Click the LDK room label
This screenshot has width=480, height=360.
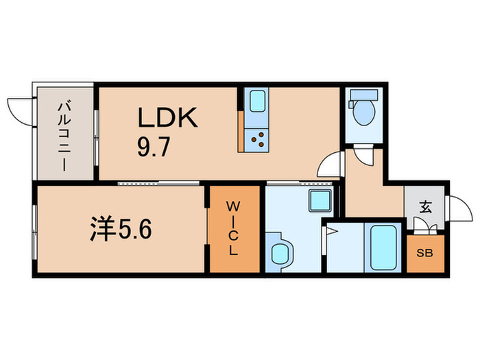coord(167,117)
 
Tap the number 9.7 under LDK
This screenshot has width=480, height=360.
coord(153,147)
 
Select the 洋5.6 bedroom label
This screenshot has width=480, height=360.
coord(121,229)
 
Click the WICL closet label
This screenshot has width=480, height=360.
coord(233,228)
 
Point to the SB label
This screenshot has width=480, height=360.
coord(424,253)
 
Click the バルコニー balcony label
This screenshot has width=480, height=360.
coord(65,137)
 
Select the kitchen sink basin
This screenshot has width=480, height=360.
coord(257,101)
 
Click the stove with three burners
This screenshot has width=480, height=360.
coord(256,140)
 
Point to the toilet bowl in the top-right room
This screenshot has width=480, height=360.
coord(363,112)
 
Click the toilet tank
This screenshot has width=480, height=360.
coord(363,95)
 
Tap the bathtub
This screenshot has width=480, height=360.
coord(383,248)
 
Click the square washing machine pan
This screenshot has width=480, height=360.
coord(320,200)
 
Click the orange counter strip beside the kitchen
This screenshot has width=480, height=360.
coord(241,132)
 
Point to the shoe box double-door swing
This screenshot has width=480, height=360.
coord(425,225)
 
